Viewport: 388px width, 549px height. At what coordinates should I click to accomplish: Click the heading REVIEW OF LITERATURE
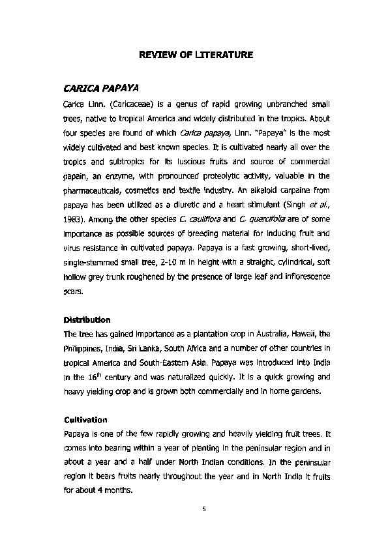pos(196,56)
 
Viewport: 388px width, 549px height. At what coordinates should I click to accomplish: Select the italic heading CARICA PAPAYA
pos(101,88)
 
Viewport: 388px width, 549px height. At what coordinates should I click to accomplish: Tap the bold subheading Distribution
pos(87,320)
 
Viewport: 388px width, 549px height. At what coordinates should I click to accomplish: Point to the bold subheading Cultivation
pos(85,420)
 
